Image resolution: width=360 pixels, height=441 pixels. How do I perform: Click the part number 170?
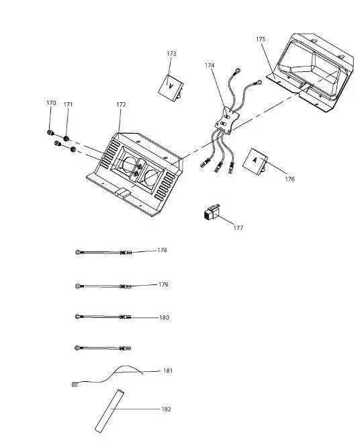pyautogui.click(x=51, y=103)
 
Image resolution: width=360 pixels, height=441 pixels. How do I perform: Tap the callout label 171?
pyautogui.click(x=68, y=104)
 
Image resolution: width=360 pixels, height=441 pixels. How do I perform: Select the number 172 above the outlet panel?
pyautogui.click(x=121, y=104)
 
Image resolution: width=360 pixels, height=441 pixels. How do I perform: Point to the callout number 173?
pyautogui.click(x=171, y=53)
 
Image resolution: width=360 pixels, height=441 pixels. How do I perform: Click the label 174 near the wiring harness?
pyautogui.click(x=210, y=65)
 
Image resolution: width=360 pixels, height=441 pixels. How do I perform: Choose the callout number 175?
pyautogui.click(x=261, y=39)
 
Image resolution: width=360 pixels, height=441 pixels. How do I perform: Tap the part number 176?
pyautogui.click(x=289, y=179)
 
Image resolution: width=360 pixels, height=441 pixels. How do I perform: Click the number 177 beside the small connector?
pyautogui.click(x=238, y=228)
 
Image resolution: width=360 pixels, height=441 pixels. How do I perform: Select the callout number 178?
pyautogui.click(x=162, y=250)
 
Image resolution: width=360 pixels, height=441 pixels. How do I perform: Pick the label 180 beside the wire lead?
pyautogui.click(x=164, y=318)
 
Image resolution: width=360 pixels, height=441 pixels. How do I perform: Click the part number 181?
pyautogui.click(x=168, y=370)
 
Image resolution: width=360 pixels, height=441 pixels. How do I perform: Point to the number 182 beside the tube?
pyautogui.click(x=166, y=409)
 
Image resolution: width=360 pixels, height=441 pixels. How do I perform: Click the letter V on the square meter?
pyautogui.click(x=171, y=86)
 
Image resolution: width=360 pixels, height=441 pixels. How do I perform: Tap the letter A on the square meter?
pyautogui.click(x=255, y=160)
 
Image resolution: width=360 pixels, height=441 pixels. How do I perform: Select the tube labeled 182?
pyautogui.click(x=109, y=411)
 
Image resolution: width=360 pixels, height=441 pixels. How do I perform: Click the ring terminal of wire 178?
pyautogui.click(x=78, y=252)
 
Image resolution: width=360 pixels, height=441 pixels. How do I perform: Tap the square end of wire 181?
pyautogui.click(x=75, y=384)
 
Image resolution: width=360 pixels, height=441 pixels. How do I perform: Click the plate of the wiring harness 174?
pyautogui.click(x=227, y=120)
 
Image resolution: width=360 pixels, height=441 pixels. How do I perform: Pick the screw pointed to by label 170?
pyautogui.click(x=51, y=132)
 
